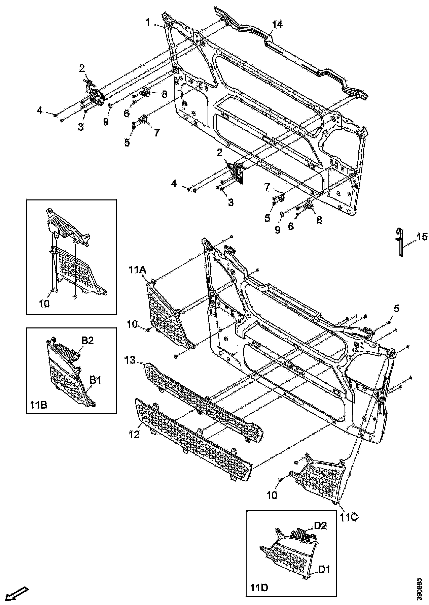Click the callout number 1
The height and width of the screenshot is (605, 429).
coord(148,23)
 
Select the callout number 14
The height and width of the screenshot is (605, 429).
coord(277,25)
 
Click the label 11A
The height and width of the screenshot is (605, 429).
coord(137,270)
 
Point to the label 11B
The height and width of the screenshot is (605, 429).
coord(39,405)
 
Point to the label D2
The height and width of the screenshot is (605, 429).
coord(320,533)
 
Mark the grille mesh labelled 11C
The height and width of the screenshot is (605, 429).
coord(321,478)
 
